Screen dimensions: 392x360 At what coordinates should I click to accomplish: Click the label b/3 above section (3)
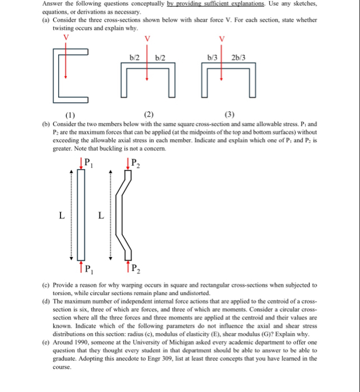211,58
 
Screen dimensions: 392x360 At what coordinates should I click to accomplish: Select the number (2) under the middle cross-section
148,114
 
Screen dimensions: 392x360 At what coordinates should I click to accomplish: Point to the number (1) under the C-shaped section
70,114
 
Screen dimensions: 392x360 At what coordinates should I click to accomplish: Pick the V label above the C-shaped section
67,36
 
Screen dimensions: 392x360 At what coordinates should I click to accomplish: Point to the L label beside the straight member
62,217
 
